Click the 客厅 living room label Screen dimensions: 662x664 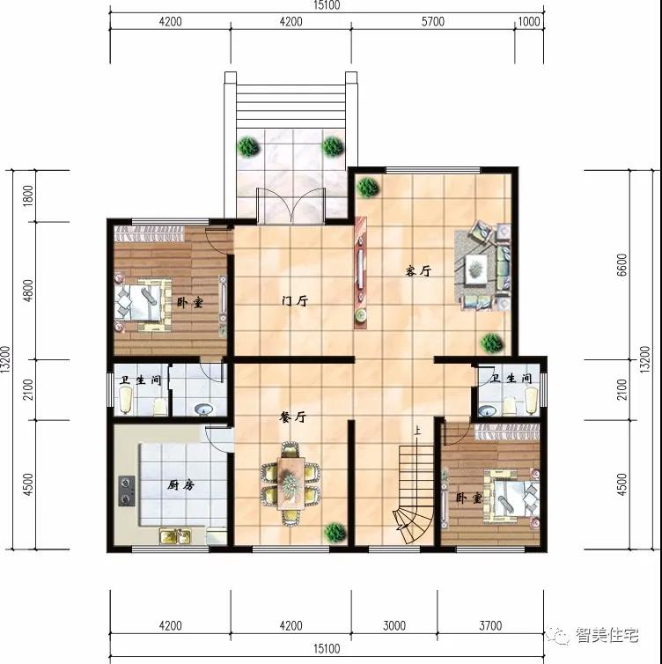(x=418, y=270)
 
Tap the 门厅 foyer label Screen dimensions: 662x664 (x=295, y=301)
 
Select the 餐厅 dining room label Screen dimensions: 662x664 (x=292, y=417)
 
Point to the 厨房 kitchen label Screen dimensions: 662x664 (x=180, y=485)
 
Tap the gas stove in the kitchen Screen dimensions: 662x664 (x=127, y=491)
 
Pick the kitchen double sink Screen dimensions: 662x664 (x=175, y=536)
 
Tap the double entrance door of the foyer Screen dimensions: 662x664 (x=291, y=206)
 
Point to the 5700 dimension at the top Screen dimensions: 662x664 (x=432, y=21)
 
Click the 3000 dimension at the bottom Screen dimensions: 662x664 (x=394, y=625)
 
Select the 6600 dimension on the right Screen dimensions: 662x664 (x=621, y=265)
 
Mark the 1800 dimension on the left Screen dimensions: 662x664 (x=27, y=196)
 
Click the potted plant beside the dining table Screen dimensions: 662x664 (x=335, y=532)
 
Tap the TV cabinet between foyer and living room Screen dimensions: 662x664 (x=360, y=272)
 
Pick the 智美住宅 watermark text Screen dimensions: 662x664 (x=607, y=635)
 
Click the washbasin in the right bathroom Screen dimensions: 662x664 (x=488, y=410)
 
